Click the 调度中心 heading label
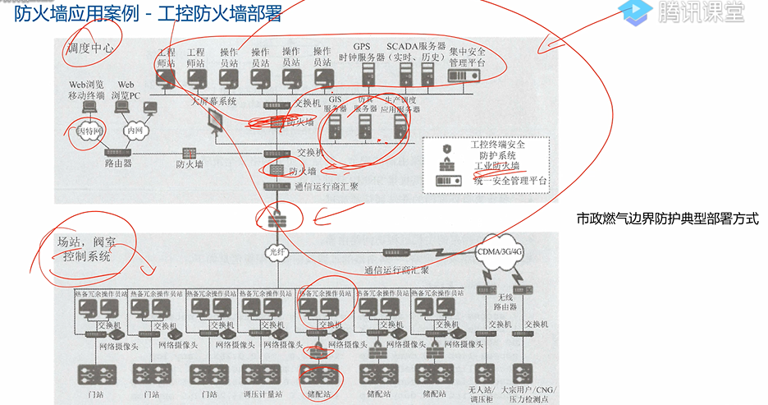[90, 48]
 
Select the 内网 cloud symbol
[134, 130]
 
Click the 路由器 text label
[119, 163]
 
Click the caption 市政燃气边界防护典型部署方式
[667, 219]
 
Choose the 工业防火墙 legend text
[497, 166]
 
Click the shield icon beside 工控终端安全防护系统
[447, 149]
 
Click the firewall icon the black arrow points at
[274, 219]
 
